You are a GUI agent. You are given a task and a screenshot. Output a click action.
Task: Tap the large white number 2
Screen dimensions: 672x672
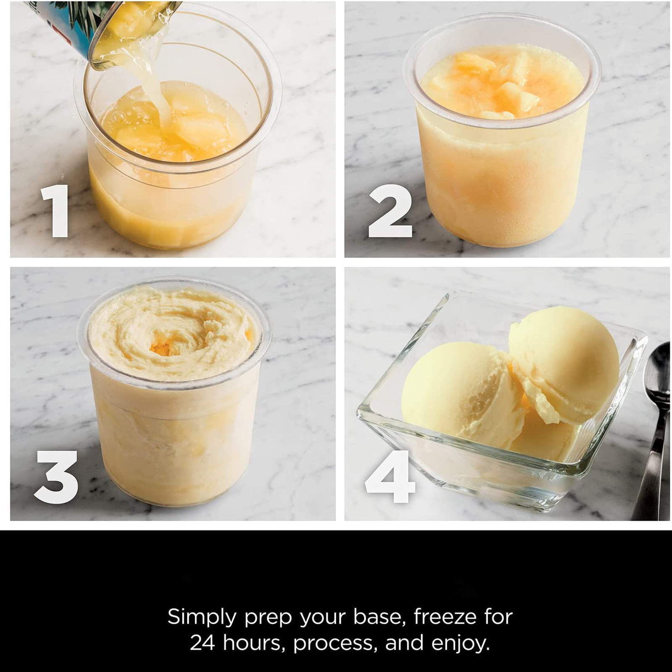(390, 211)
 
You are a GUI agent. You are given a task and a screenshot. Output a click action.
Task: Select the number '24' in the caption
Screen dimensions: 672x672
(203, 643)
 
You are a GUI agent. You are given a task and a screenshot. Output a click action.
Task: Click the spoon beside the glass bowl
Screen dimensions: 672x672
(653, 433)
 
